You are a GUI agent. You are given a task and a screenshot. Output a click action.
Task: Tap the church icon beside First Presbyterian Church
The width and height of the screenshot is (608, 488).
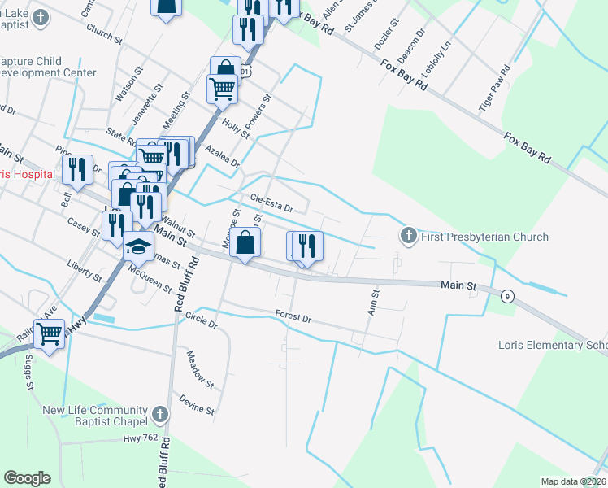408,237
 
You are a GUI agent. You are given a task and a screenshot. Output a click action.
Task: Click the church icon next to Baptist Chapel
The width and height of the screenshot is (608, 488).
159,415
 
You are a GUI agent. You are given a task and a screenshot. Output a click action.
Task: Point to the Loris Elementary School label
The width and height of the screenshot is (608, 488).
552,345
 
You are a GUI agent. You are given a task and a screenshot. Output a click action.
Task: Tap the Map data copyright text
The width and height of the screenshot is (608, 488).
574,481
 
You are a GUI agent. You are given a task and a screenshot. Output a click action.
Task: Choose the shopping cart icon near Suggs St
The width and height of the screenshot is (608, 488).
49,333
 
